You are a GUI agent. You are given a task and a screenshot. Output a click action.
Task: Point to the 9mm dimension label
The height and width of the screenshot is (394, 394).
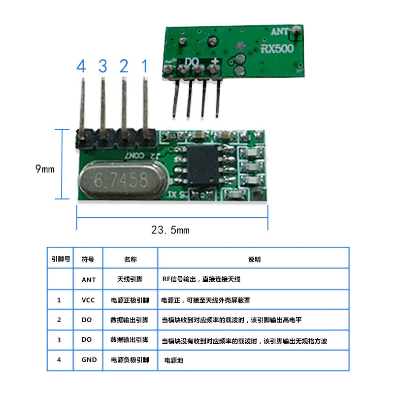[x=45, y=169]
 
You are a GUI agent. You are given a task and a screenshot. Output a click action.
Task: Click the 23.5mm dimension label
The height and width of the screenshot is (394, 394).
[x=170, y=230]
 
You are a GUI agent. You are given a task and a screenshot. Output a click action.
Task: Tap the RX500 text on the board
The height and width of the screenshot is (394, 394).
[x=277, y=49]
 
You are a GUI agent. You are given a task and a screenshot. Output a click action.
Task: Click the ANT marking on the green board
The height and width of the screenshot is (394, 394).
[x=280, y=32]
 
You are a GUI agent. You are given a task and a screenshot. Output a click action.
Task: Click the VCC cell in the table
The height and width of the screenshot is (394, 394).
[x=89, y=300]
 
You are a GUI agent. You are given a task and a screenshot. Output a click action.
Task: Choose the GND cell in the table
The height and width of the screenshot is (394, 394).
[x=89, y=360]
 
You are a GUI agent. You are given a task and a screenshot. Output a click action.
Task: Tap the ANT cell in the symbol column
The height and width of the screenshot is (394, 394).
[x=89, y=280]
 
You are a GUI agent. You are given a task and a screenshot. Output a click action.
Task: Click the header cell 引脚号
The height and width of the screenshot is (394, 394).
[x=60, y=259]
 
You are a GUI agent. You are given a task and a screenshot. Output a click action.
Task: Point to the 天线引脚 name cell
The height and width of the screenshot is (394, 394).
[x=130, y=280]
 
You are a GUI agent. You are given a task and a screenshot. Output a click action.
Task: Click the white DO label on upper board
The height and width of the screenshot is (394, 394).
[x=192, y=62]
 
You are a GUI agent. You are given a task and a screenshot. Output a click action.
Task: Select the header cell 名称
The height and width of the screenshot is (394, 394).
[x=130, y=259]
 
